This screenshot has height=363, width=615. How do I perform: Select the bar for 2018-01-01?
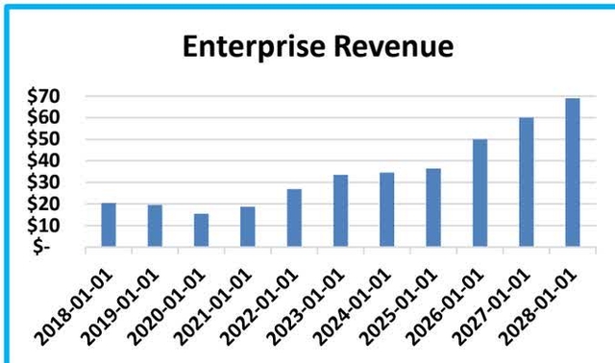coord(109,225)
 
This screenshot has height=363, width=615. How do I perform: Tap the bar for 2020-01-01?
coord(201,230)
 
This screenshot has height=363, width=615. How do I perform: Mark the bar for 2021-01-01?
coord(248,227)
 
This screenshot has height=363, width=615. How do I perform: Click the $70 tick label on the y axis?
coord(45,97)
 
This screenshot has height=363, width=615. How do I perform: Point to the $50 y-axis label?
coord(45,140)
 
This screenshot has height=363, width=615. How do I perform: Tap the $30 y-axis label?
coord(45,182)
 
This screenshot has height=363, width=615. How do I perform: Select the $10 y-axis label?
coord(45,225)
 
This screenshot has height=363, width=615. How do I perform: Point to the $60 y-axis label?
coord(45,118)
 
